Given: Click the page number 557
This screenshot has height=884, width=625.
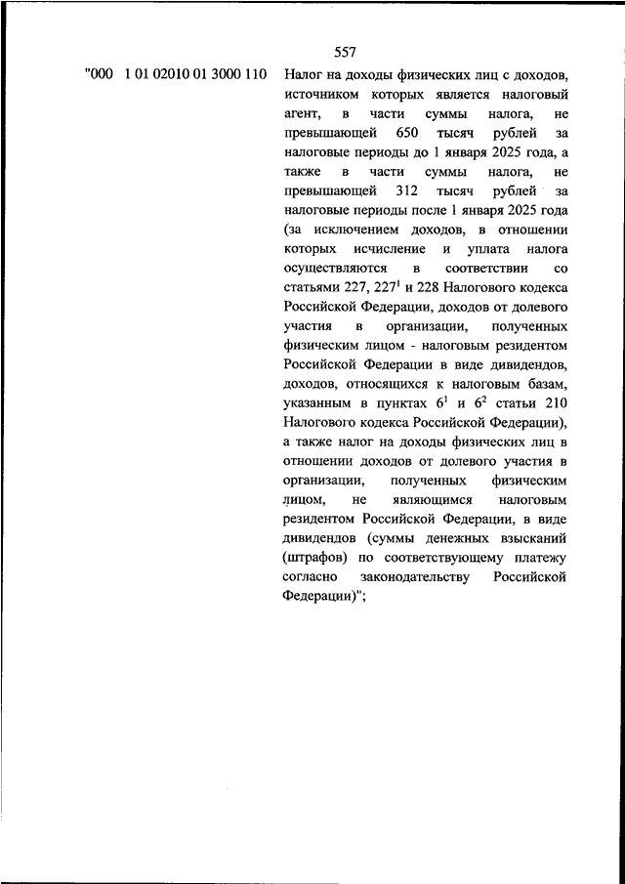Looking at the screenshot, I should (344, 53).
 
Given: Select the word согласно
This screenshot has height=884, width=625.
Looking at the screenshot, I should (314, 575).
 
